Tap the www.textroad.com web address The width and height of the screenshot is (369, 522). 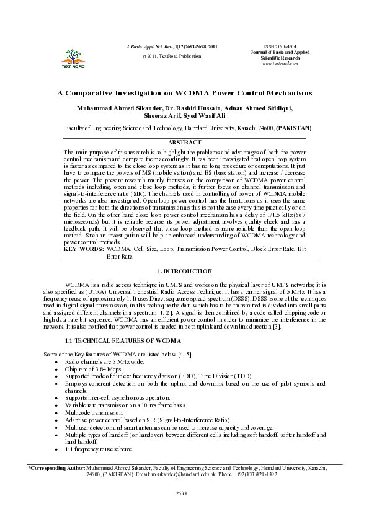[279, 63]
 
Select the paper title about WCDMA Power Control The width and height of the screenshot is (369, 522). [185, 94]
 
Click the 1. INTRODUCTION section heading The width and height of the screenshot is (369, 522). [184, 272]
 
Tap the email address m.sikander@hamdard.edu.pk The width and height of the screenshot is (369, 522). [188, 474]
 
